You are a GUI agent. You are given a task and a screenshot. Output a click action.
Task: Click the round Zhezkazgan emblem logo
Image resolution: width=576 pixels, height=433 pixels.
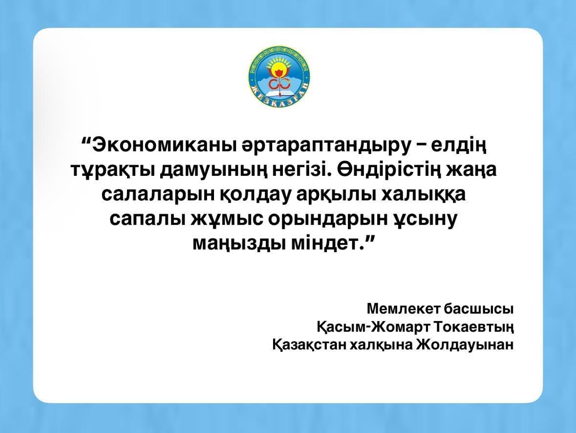(x=279, y=77)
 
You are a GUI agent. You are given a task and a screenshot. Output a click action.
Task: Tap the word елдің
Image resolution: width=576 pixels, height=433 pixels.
(x=460, y=145)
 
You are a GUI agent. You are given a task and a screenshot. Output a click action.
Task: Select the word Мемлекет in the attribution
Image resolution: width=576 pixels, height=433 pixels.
(x=404, y=309)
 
